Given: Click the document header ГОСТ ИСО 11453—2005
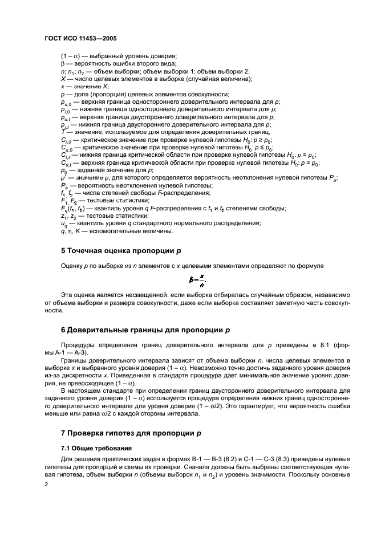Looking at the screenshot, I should tap(80, 38).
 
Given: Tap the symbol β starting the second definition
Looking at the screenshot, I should tap(63, 63).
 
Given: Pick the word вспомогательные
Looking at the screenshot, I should tap(115, 231).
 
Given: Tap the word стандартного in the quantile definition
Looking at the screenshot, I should tap(148, 223).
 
